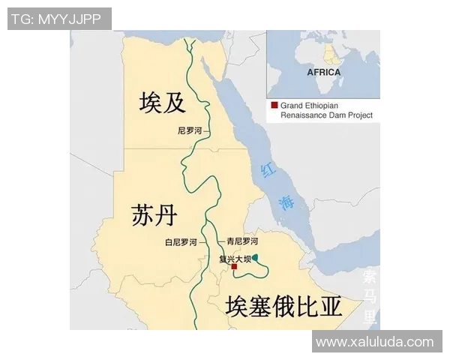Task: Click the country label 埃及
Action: (x=163, y=103)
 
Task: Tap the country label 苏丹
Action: (x=154, y=216)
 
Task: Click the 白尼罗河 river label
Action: (x=181, y=242)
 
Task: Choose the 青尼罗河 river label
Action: (x=242, y=241)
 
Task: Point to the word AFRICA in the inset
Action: (x=323, y=73)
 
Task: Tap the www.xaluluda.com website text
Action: (x=374, y=342)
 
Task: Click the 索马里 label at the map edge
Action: (x=370, y=296)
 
